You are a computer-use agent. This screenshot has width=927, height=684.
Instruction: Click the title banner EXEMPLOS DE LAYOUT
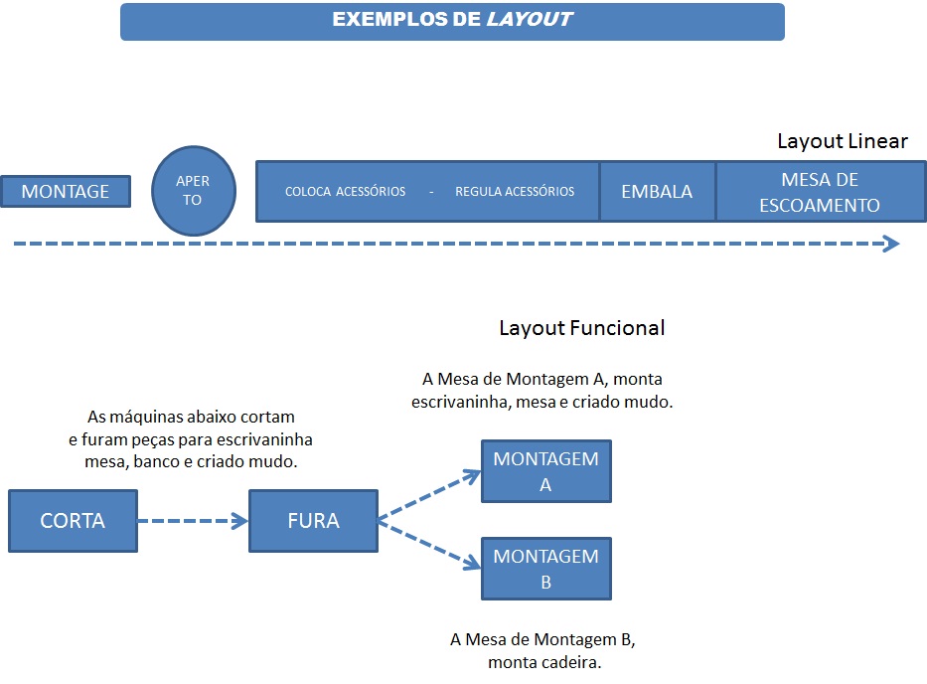[x=452, y=21]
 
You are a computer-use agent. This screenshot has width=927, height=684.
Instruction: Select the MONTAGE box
[x=66, y=191]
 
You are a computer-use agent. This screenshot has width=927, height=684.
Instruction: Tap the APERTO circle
[x=193, y=191]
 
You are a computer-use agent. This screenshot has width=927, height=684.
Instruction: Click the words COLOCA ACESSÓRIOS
[x=345, y=192]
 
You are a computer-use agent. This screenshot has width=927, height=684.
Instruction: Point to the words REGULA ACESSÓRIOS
[x=515, y=192]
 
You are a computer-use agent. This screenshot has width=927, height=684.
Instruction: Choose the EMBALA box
[x=657, y=192]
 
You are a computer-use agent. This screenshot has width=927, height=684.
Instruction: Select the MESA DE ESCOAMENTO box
[x=820, y=192]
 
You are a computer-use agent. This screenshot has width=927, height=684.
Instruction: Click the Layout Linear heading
[x=842, y=141]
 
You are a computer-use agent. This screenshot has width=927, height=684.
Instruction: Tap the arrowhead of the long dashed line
[x=891, y=244]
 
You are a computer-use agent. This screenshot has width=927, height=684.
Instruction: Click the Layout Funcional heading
[x=581, y=327]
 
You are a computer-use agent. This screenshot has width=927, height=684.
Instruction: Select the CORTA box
[x=73, y=520]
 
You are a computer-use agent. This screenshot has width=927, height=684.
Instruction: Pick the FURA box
[x=313, y=520]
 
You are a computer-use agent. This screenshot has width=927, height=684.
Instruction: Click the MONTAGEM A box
[x=545, y=471]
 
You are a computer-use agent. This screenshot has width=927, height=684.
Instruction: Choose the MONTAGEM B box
[x=545, y=569]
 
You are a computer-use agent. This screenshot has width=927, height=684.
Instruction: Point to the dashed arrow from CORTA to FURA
[x=192, y=520]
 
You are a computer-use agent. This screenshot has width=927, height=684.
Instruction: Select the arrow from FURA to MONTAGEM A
[x=427, y=493]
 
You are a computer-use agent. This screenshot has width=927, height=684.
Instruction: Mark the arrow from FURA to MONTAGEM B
[x=427, y=548]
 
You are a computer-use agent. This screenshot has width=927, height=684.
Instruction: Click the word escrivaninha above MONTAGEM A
[x=459, y=403]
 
